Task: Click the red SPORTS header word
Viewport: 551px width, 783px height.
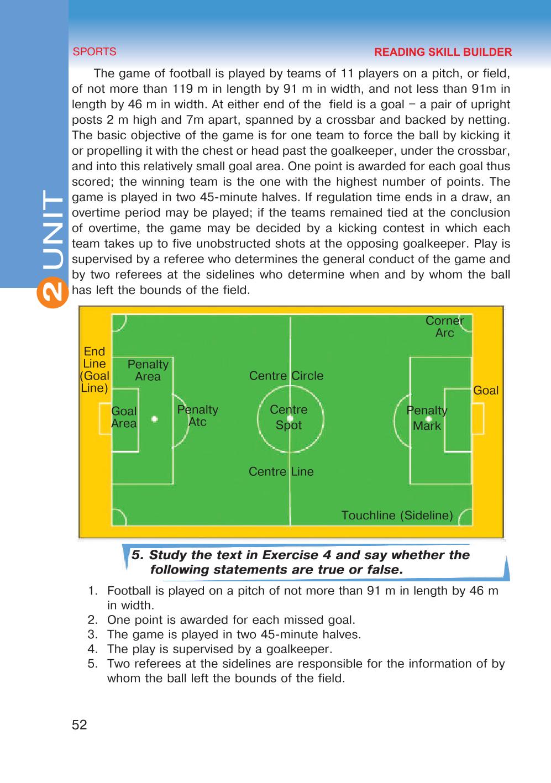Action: pos(95,52)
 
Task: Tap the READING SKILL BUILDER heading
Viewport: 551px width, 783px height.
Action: pos(443,52)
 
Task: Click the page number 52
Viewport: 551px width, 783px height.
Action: pos(80,724)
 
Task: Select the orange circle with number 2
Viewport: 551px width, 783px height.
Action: pos(53,292)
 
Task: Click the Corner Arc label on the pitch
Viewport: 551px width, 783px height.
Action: pos(444,327)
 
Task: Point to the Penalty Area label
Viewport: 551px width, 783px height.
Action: pos(148,370)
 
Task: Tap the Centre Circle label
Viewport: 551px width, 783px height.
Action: pos(286,376)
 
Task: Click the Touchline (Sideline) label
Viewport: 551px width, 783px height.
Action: pos(397,515)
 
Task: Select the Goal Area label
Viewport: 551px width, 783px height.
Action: pos(124,417)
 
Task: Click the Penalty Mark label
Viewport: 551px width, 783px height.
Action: pos(427,418)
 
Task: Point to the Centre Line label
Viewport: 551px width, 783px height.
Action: pos(281,471)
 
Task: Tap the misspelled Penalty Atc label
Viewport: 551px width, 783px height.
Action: pos(197,416)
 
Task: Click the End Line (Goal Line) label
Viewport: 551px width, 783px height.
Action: pos(95,370)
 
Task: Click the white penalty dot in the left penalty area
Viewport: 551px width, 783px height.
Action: pos(155,419)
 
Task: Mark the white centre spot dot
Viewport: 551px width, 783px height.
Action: pos(290,418)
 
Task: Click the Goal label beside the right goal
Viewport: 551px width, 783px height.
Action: pos(486,391)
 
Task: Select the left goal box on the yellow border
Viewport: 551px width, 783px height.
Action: pos(105,419)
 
